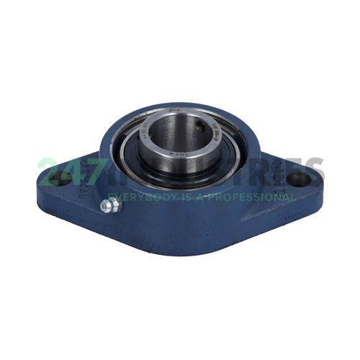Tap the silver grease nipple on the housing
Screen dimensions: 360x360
click(x=109, y=207)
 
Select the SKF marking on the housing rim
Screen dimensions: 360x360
click(x=172, y=113)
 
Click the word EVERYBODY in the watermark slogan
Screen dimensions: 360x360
click(x=138, y=196)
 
